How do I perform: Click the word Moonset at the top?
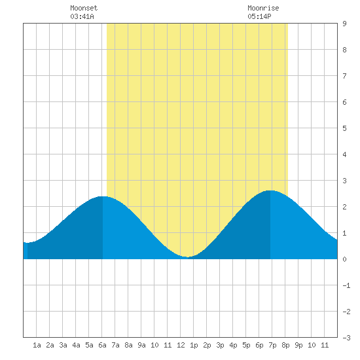[x=84, y=8]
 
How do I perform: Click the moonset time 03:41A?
[x=82, y=16]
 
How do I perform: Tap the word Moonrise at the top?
[x=263, y=8]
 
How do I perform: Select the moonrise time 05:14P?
[x=259, y=16]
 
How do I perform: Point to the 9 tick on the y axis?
[x=344, y=24]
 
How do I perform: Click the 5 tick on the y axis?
[x=344, y=128]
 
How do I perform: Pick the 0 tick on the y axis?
[x=344, y=259]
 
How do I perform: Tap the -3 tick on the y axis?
[x=346, y=338]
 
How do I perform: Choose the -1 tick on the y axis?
[x=346, y=285]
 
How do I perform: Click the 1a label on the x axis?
[x=37, y=345]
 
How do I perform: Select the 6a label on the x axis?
[x=102, y=345]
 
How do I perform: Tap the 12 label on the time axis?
[x=181, y=345]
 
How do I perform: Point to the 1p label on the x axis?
[x=194, y=345]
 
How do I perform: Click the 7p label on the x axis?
[x=272, y=345]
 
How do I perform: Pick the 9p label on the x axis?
[x=298, y=345]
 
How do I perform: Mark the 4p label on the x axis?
[x=233, y=345]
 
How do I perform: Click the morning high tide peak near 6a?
[x=102, y=196]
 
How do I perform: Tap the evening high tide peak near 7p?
[x=270, y=190]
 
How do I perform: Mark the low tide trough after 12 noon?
[x=188, y=257]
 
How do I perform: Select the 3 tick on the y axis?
[x=344, y=181]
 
